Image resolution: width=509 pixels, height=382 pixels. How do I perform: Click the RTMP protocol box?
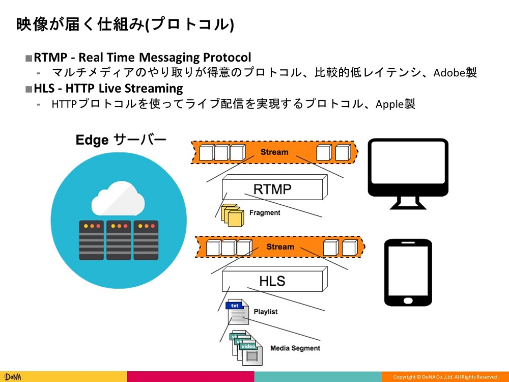click(x=274, y=189)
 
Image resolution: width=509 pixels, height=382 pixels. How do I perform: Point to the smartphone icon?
click(x=407, y=272)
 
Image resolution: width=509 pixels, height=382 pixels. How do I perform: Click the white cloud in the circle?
click(x=118, y=200)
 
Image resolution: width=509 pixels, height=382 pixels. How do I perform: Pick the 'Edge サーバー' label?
click(x=121, y=140)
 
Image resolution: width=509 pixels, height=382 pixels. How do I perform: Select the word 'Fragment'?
click(x=265, y=212)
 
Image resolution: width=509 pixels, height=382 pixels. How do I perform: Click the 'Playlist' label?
click(x=266, y=311)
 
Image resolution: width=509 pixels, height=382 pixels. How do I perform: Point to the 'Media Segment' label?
click(x=295, y=348)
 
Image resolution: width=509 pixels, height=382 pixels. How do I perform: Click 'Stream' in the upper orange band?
click(x=274, y=152)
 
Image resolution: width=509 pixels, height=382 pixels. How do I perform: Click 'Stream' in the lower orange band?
click(x=280, y=247)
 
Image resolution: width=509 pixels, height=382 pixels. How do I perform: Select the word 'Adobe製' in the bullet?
click(x=455, y=72)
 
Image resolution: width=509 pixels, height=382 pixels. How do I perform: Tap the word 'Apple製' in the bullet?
click(x=395, y=104)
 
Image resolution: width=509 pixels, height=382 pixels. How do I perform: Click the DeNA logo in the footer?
click(x=11, y=377)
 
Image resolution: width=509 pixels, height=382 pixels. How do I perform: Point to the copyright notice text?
click(x=446, y=377)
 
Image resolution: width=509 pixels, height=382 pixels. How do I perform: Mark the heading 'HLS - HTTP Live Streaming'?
click(x=108, y=89)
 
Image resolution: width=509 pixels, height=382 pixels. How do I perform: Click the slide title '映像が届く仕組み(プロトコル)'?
click(x=125, y=24)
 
